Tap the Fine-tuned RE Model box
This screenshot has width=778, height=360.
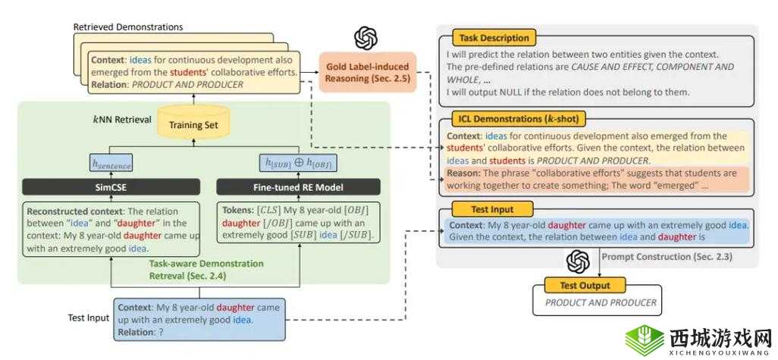click(298, 187)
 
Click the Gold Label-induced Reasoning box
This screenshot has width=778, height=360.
click(367, 72)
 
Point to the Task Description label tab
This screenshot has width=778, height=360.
click(494, 37)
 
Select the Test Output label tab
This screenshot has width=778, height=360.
click(588, 286)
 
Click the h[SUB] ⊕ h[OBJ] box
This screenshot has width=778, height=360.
click(298, 163)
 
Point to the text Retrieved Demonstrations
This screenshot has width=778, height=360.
click(128, 27)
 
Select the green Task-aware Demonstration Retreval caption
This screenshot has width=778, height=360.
click(205, 268)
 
